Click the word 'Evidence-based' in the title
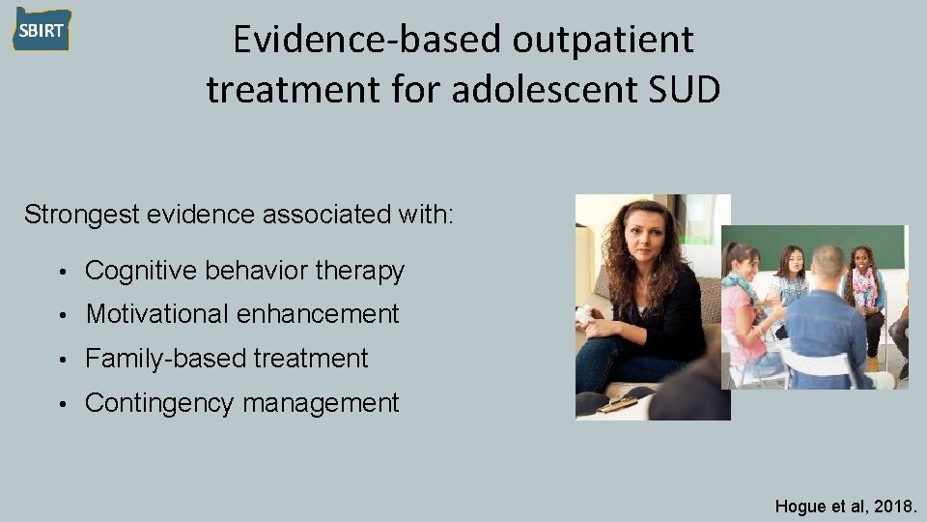pos(368,40)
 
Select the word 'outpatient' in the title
pos(604,40)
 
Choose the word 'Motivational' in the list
pos(156,314)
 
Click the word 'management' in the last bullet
pos(320,403)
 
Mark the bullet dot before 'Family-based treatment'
pos(61,360)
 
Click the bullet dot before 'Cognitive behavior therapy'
pos(61,273)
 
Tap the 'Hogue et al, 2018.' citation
pos(846,505)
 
